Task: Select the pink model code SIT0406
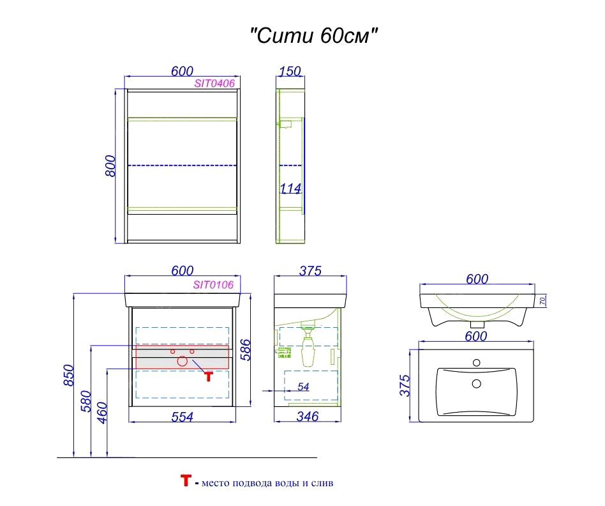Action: [214, 83]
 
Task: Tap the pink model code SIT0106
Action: [213, 285]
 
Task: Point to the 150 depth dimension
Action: [290, 71]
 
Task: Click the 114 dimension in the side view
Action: [290, 188]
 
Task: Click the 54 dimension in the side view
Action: [304, 387]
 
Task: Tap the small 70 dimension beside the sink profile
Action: [542, 300]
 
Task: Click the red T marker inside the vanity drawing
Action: [208, 376]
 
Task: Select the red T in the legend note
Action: [186, 481]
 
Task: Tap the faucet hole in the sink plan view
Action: [475, 363]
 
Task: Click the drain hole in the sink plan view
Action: [475, 384]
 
